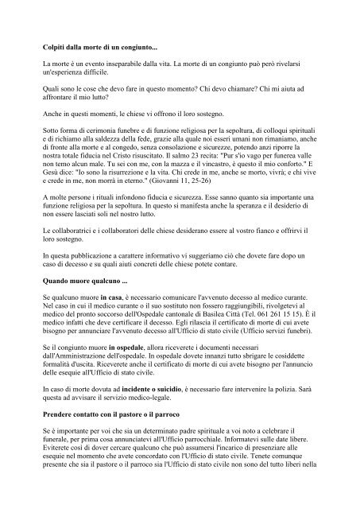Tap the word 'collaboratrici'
click(82, 228)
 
